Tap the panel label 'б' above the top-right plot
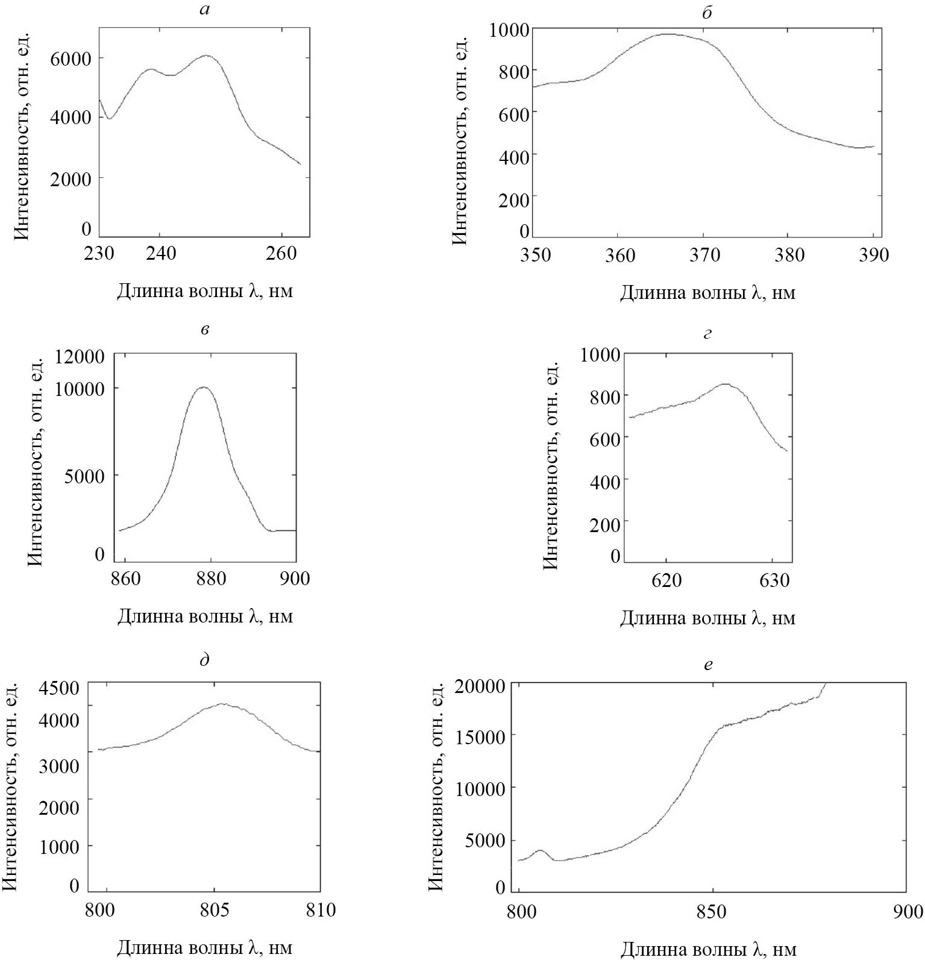(x=707, y=12)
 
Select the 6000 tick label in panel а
(x=71, y=58)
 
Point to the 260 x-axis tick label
(x=281, y=253)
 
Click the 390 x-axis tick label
(x=874, y=255)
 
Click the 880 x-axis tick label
(x=210, y=579)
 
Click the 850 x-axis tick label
(x=712, y=911)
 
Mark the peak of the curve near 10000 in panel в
(x=204, y=387)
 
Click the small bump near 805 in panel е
(x=539, y=850)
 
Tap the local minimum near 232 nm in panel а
(x=109, y=118)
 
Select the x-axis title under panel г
(x=707, y=618)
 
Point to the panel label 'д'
(x=205, y=660)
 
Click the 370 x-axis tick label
(x=704, y=255)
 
